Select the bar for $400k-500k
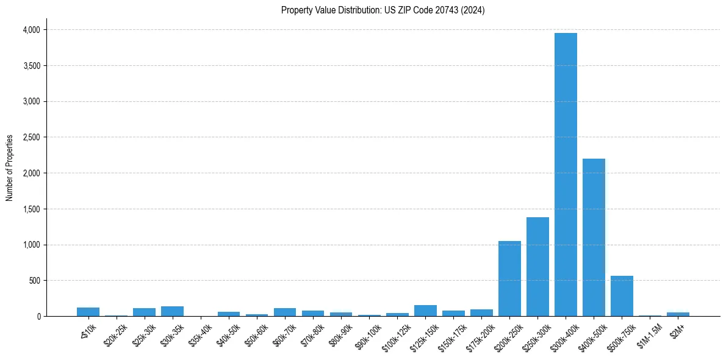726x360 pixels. tap(594, 237)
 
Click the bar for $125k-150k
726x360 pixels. tap(425, 311)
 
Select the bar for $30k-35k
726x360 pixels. tap(172, 311)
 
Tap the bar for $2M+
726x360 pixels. tap(678, 314)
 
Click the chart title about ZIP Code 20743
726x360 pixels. tap(383, 10)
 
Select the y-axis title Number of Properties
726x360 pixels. tap(10, 168)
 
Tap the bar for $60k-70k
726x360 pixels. tap(285, 312)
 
